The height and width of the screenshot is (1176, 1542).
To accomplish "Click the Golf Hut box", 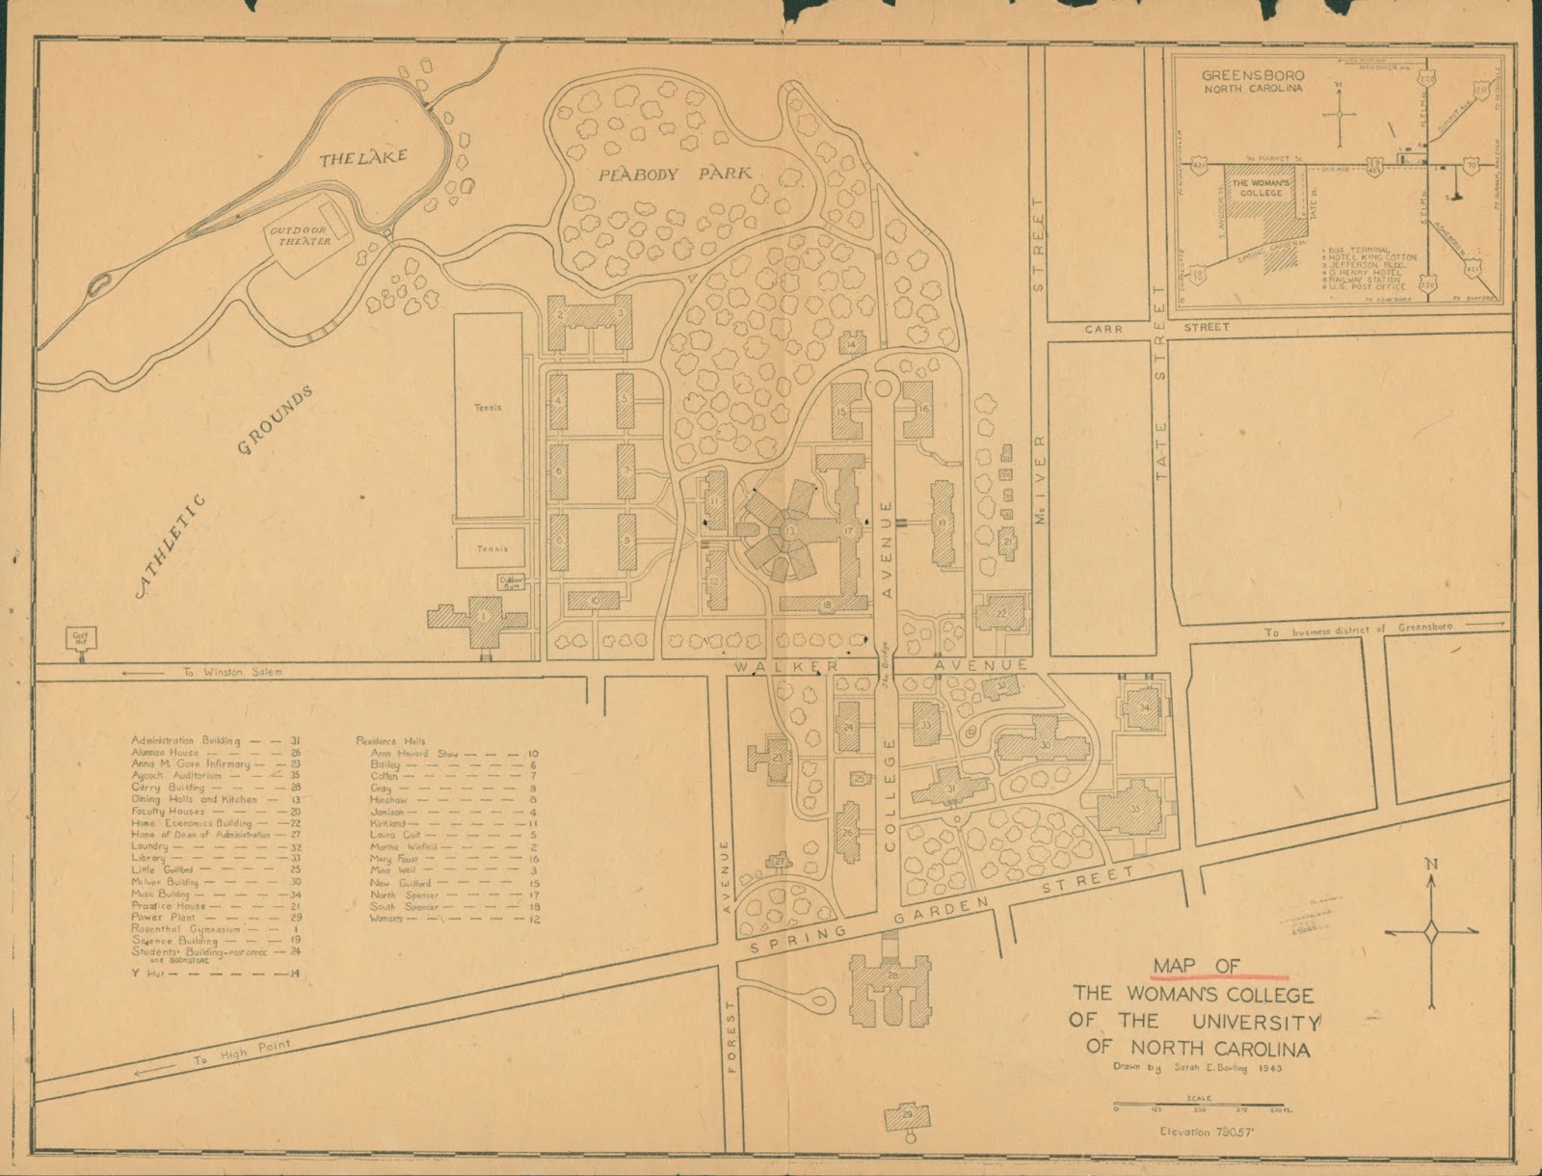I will tap(79, 636).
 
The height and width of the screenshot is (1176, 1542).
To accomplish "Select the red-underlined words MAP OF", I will tap(1196, 967).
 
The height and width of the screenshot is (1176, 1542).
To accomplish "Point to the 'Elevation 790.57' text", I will tap(1199, 1132).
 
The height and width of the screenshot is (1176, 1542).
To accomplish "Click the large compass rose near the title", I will tap(1432, 931).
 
